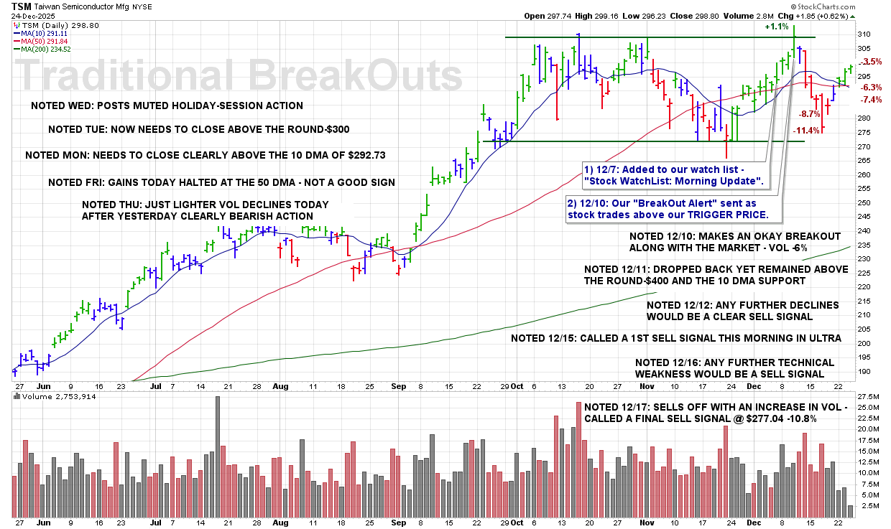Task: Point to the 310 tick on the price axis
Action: [864, 34]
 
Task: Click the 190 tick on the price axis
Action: [864, 371]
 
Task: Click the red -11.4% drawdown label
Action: [807, 131]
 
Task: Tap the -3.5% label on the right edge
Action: [871, 62]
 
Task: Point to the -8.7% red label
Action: [810, 114]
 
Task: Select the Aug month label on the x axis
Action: [280, 385]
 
